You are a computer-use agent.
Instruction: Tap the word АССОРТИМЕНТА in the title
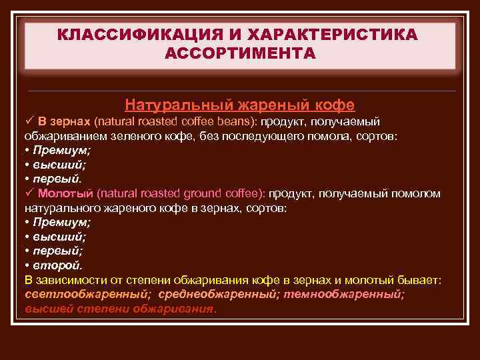pyautogui.click(x=240, y=53)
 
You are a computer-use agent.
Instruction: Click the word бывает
pyautogui.click(x=423, y=280)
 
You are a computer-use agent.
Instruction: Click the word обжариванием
pyautogui.click(x=61, y=135)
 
